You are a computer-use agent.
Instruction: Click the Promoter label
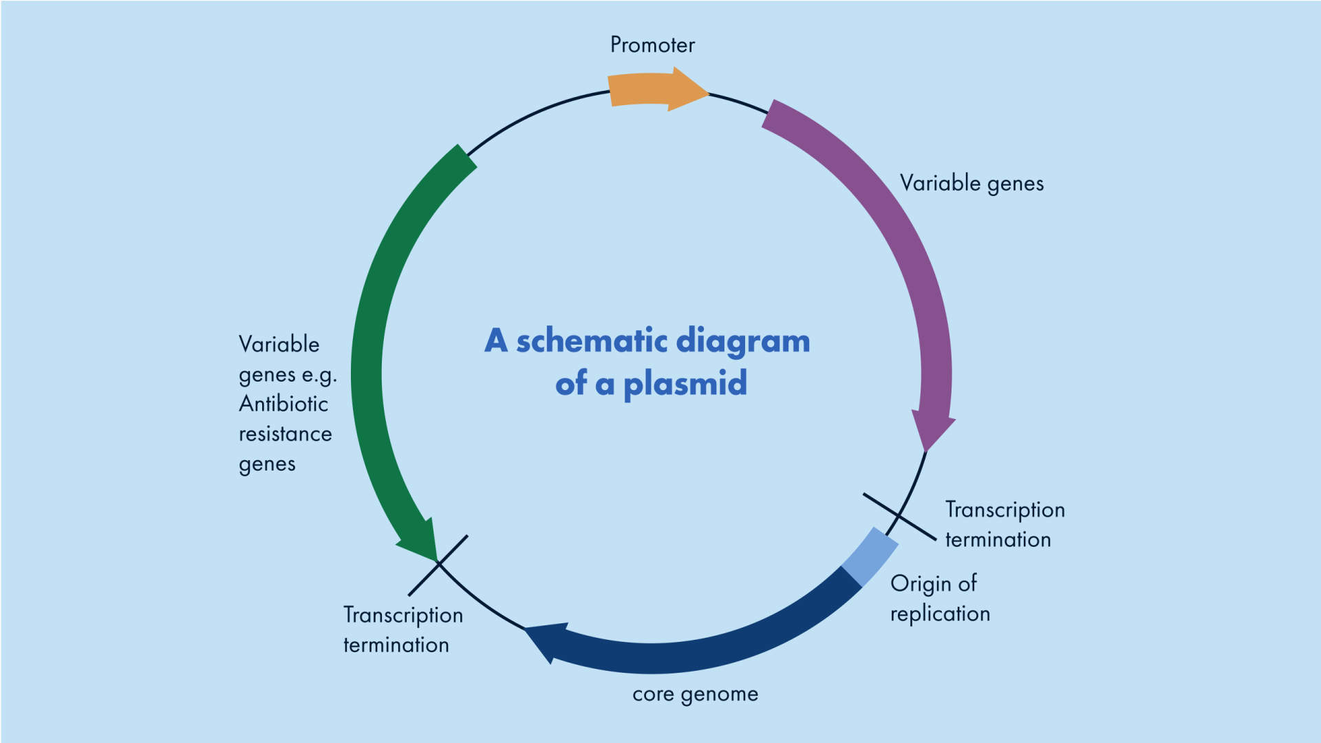click(652, 45)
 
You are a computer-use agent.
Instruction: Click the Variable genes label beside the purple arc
click(971, 184)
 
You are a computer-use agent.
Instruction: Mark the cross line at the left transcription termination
click(438, 565)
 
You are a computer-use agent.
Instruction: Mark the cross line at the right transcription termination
click(899, 517)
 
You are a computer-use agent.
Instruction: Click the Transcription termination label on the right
click(1004, 524)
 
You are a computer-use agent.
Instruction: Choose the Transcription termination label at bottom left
click(402, 629)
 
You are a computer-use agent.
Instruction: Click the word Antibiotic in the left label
click(283, 404)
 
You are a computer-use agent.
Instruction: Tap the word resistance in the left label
click(285, 434)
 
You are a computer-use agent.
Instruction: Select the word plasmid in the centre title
click(685, 384)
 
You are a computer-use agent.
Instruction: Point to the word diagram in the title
click(743, 341)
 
